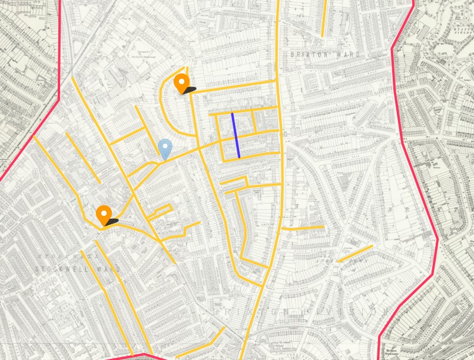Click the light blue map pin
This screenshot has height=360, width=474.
[x=165, y=148]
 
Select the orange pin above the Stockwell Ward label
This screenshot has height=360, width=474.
[x=104, y=215]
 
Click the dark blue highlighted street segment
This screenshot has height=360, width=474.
[x=236, y=135]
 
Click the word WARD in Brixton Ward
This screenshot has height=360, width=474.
[x=347, y=54]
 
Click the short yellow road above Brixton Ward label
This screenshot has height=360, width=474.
[x=323, y=18]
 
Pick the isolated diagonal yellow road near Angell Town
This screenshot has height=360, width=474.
[x=355, y=254]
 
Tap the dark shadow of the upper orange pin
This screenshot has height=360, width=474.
[x=190, y=90]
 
